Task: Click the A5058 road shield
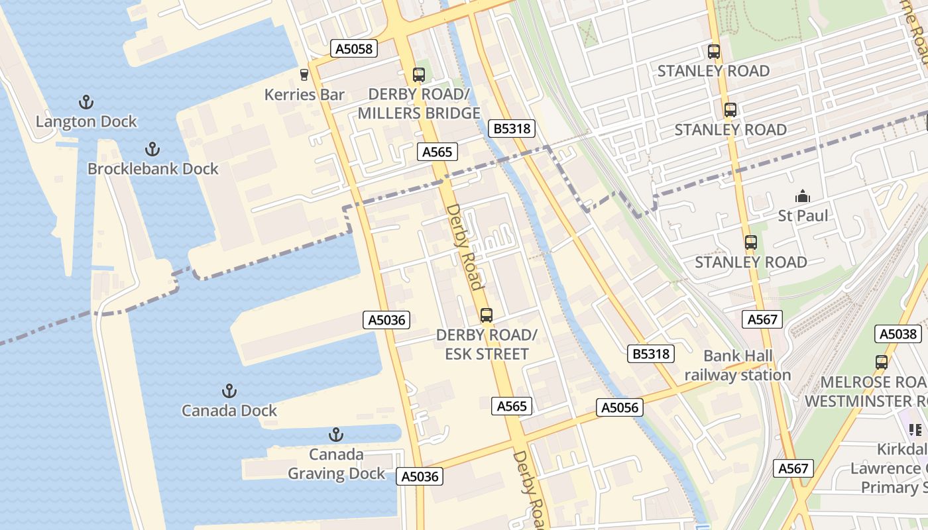point(354,48)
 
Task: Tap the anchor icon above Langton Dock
point(86,102)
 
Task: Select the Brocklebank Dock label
point(153,169)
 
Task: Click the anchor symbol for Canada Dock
point(229,390)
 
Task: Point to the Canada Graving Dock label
point(336,464)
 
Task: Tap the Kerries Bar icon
point(304,75)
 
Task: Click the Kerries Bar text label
point(304,95)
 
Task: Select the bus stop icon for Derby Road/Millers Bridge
point(418,74)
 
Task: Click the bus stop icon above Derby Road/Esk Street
point(487,315)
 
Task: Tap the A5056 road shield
point(620,407)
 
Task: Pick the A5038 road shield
point(898,334)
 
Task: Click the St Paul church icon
point(803,196)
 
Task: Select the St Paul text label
point(803,216)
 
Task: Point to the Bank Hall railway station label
point(738,366)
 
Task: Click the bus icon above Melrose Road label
point(881,362)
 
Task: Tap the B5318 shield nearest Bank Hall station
point(650,354)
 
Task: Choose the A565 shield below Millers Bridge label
point(437,152)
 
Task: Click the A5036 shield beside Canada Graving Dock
point(419,476)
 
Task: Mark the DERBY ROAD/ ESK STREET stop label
point(486,344)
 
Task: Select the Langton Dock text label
point(86,122)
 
